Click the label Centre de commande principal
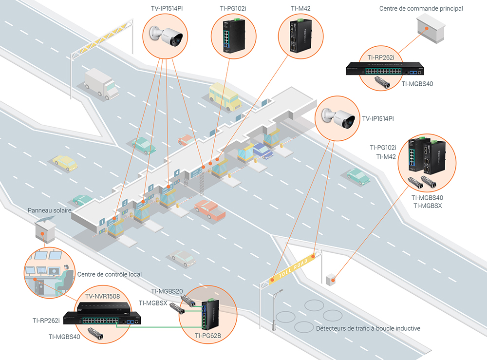coord(421,8)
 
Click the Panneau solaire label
coord(50,210)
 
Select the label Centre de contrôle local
coord(110,274)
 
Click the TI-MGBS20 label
coord(167,291)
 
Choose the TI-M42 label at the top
coord(300,8)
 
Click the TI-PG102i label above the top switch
coord(233,8)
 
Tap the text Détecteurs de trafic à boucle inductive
coord(368,328)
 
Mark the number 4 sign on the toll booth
coord(177,172)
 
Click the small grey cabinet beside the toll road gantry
coord(331,279)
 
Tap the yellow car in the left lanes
coord(65,163)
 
